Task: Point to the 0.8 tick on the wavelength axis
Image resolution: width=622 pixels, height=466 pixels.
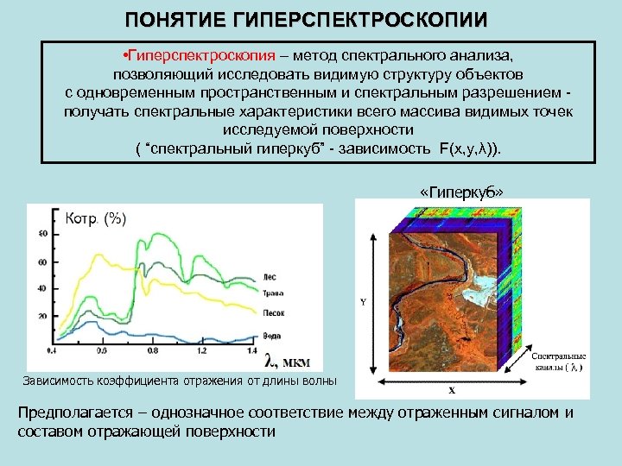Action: pyautogui.click(x=153, y=351)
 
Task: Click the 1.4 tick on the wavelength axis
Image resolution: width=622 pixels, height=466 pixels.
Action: pyautogui.click(x=251, y=351)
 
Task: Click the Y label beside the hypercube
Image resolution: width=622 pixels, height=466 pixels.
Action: pyautogui.click(x=363, y=302)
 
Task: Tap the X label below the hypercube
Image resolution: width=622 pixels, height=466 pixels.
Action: pyautogui.click(x=450, y=389)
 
